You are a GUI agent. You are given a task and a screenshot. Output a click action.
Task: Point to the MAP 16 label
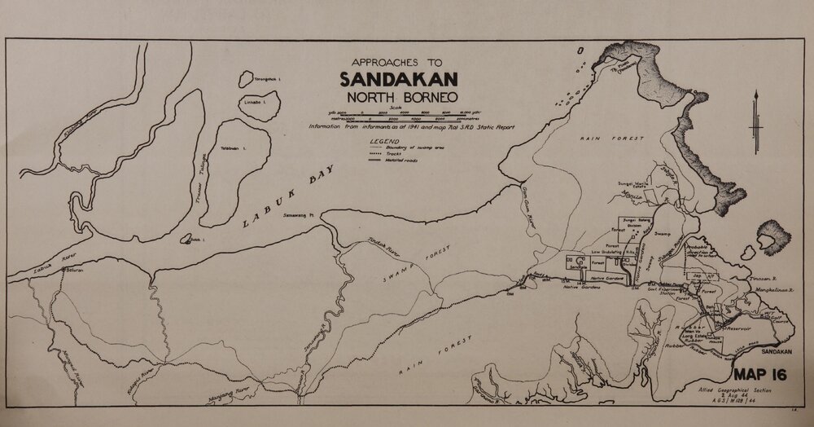pos(762,376)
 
